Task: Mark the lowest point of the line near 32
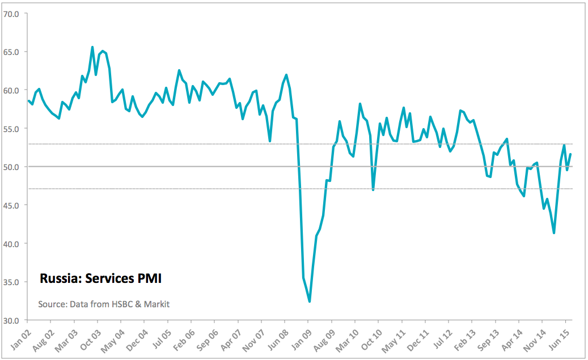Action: pos(309,302)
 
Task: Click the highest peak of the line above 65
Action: pos(92,47)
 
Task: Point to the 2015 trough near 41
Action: pos(553,233)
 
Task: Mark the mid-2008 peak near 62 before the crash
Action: pos(286,75)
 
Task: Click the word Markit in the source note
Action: pos(155,304)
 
